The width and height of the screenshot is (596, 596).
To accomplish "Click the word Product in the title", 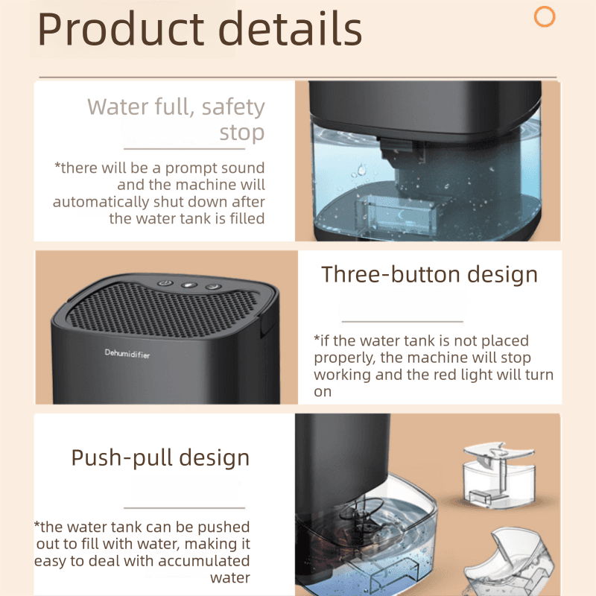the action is [x=121, y=29].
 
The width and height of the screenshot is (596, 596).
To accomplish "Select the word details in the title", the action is [x=290, y=28].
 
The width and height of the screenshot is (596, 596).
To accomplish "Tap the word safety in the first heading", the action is [x=233, y=107].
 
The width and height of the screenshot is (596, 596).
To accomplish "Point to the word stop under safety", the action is [x=241, y=133].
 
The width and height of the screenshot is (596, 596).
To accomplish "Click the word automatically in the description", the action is [x=101, y=202].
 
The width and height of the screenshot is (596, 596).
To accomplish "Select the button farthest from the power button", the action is [x=214, y=287].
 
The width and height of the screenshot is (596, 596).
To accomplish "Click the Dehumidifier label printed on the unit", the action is [x=127, y=353].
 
